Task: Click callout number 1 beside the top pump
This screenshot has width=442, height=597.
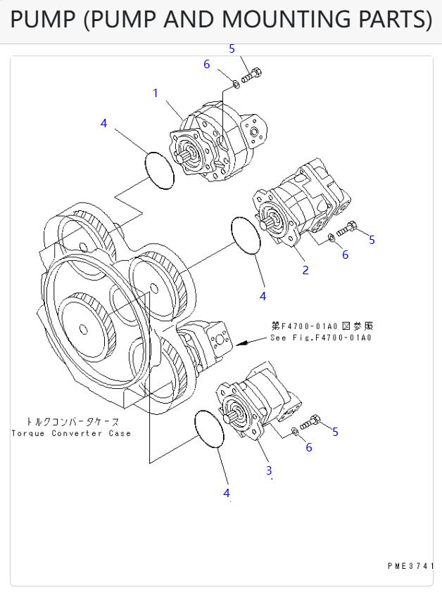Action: (156, 93)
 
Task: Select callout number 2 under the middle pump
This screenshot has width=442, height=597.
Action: (305, 269)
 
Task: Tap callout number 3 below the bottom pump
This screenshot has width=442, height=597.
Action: (268, 470)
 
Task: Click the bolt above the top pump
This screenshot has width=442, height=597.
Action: (252, 74)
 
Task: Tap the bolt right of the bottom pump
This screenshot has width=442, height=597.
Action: (310, 423)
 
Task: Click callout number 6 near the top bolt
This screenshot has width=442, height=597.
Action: (207, 64)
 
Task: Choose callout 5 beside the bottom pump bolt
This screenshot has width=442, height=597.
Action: (335, 432)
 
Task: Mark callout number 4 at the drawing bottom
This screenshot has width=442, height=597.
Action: (227, 493)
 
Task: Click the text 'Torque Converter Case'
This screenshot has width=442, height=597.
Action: (71, 433)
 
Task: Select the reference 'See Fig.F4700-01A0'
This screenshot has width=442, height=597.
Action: (321, 338)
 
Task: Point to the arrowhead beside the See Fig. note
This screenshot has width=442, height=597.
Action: (241, 344)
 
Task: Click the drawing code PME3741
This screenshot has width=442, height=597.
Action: (410, 565)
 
